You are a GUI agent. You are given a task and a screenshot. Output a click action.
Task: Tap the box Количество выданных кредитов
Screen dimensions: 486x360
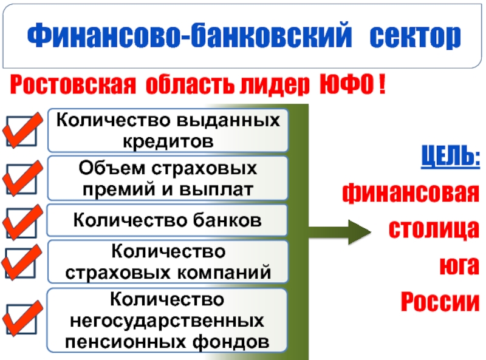tap(168, 131)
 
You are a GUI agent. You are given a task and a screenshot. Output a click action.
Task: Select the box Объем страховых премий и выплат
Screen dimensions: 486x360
tap(168, 177)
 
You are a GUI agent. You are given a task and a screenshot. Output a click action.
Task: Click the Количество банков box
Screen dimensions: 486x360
tap(168, 220)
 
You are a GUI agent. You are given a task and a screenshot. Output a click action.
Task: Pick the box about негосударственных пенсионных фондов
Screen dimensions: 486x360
tap(168, 321)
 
